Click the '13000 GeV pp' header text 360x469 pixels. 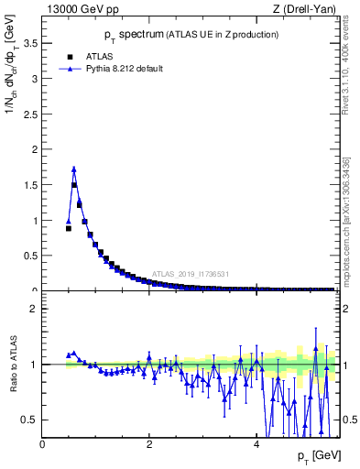click(81, 9)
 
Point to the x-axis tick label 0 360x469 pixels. click(42, 444)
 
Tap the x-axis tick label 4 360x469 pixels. click(256, 444)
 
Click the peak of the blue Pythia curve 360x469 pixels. click(74, 169)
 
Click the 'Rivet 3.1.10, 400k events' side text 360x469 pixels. click(349, 73)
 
